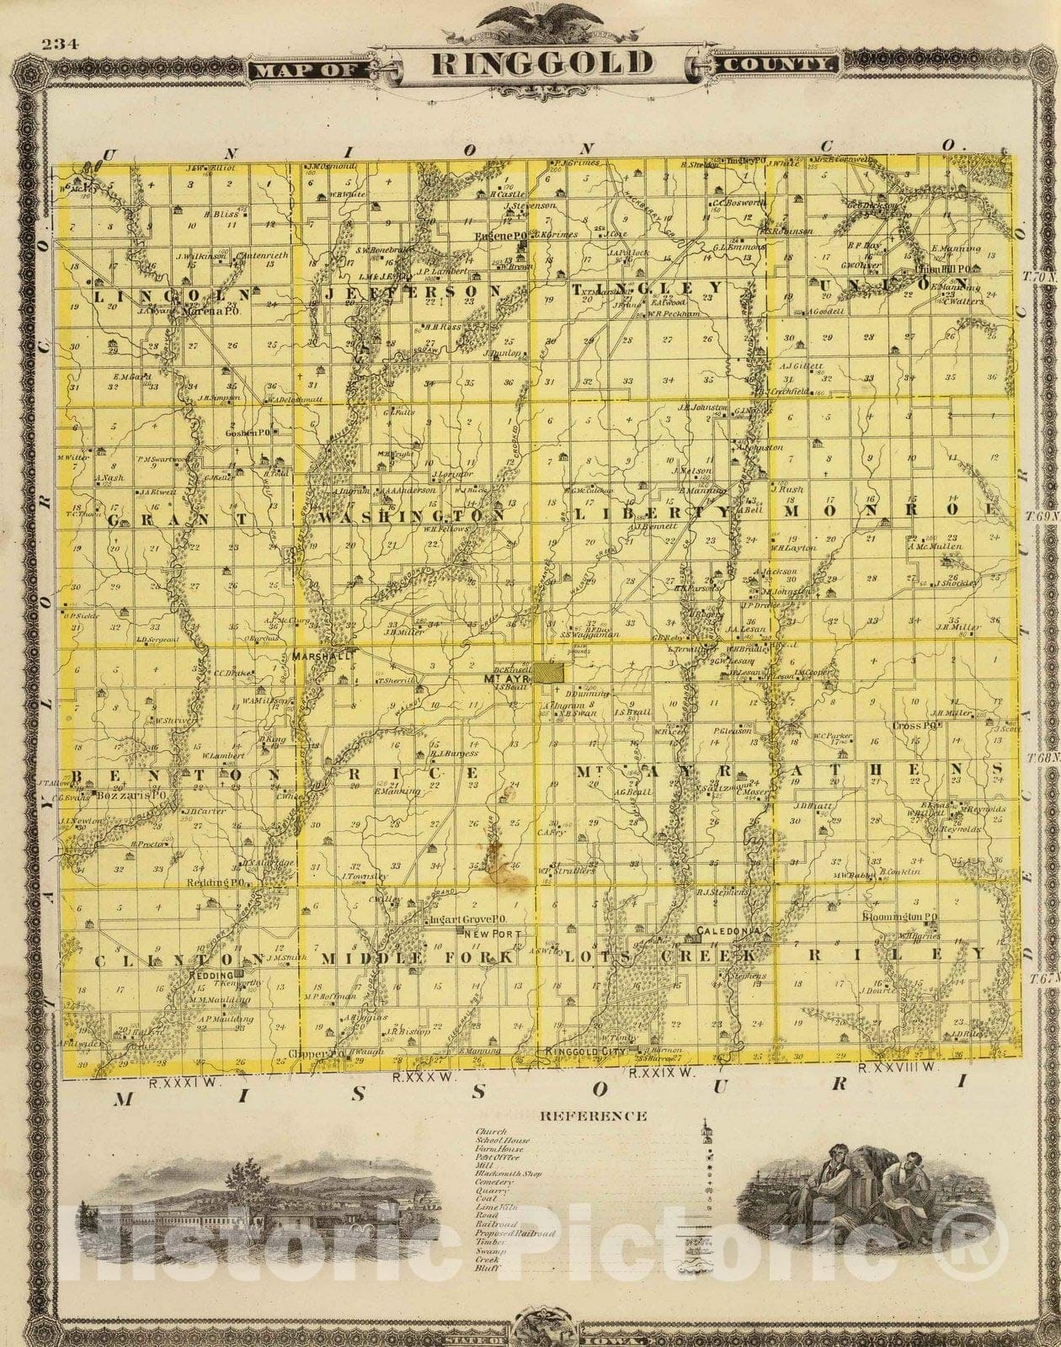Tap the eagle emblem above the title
pos(529,18)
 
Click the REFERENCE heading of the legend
pos(593,1116)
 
